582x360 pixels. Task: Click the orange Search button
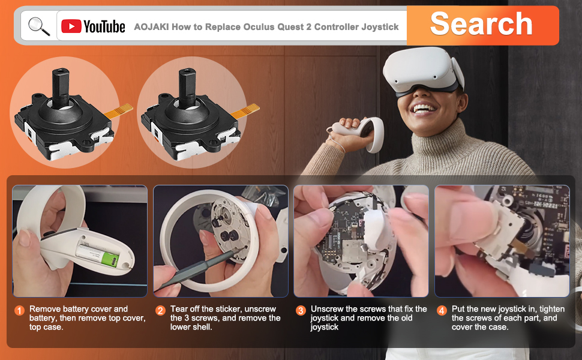coord(482,25)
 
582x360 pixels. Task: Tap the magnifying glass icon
coord(39,26)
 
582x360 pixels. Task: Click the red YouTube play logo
coord(71,26)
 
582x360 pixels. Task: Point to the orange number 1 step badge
coord(19,310)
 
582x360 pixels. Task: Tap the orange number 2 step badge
coord(160,310)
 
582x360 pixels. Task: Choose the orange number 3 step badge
coord(301,310)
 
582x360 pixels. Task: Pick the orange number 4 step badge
coord(442,310)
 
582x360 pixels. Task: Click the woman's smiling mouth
coord(424,109)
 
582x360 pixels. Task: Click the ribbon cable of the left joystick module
coord(119,110)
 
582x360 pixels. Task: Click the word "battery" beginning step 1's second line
coord(43,318)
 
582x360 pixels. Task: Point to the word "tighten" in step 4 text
coord(550,310)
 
